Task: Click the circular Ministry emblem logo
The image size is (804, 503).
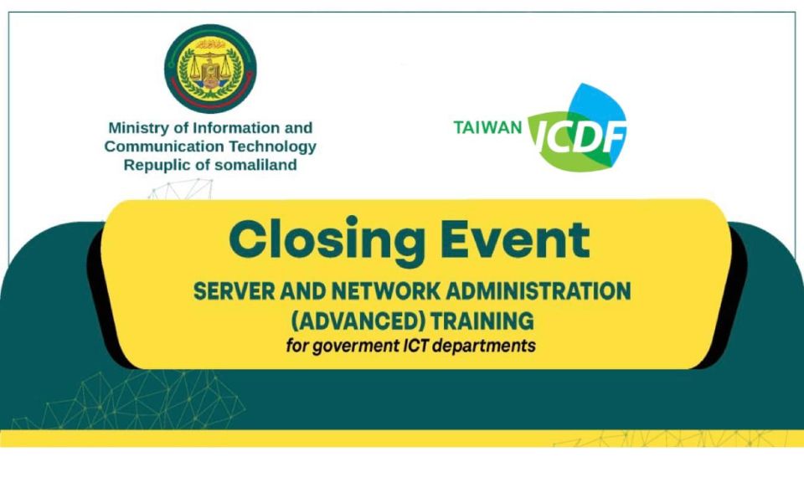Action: [x=210, y=69]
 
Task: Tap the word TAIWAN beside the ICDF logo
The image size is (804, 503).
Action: [x=487, y=127]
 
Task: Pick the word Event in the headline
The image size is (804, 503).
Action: [x=516, y=239]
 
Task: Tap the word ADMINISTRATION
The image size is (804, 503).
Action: [x=539, y=291]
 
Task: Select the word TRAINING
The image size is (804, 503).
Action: [x=482, y=321]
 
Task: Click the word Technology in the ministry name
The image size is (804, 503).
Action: [x=273, y=147]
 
